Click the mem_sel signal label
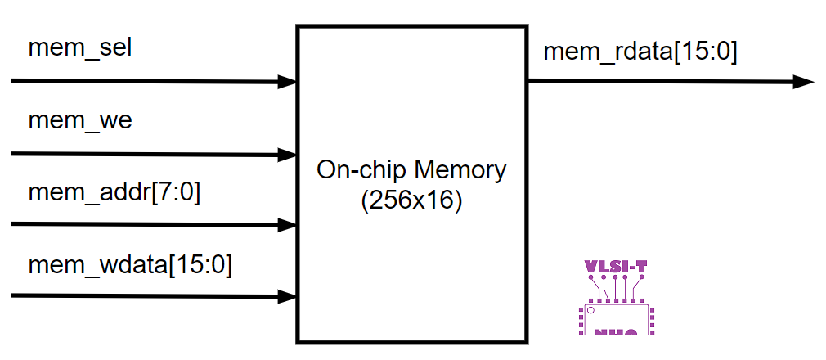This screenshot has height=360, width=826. point(80,47)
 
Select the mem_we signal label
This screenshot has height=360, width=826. point(79,121)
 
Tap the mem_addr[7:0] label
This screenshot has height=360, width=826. point(114,193)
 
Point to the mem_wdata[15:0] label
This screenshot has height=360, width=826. point(130,265)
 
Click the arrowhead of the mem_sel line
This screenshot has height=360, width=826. point(287,82)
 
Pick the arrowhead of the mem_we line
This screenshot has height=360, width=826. point(287,155)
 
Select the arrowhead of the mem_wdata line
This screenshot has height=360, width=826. point(287,296)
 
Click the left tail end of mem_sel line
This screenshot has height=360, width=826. point(14,81)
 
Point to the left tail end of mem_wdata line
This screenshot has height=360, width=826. point(14,295)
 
